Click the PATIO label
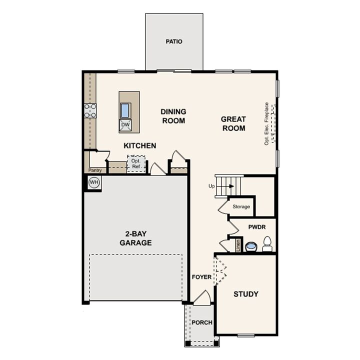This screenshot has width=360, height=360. point(174,41)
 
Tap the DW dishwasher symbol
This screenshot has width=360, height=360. point(125,125)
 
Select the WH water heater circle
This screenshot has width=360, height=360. point(93,183)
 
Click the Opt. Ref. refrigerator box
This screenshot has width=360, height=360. point(135,164)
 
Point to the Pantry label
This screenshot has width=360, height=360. point(95,170)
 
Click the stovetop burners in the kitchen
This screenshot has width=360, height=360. point(90,111)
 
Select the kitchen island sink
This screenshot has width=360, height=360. point(125,109)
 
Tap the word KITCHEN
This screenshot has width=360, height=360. point(140,145)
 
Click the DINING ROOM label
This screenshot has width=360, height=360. point(173,116)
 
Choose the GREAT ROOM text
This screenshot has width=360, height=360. point(233,123)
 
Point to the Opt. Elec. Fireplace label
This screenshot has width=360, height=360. point(267,123)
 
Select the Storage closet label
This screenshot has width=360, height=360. point(241,206)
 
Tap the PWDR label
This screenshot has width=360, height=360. point(256,227)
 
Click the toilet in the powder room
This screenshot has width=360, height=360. point(267,244)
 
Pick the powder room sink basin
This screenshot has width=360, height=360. point(250,246)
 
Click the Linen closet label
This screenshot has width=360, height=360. point(238,245)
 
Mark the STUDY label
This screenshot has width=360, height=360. point(246,294)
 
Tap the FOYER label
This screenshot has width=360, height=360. point(202,276)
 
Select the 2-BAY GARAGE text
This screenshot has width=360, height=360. point(135,238)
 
